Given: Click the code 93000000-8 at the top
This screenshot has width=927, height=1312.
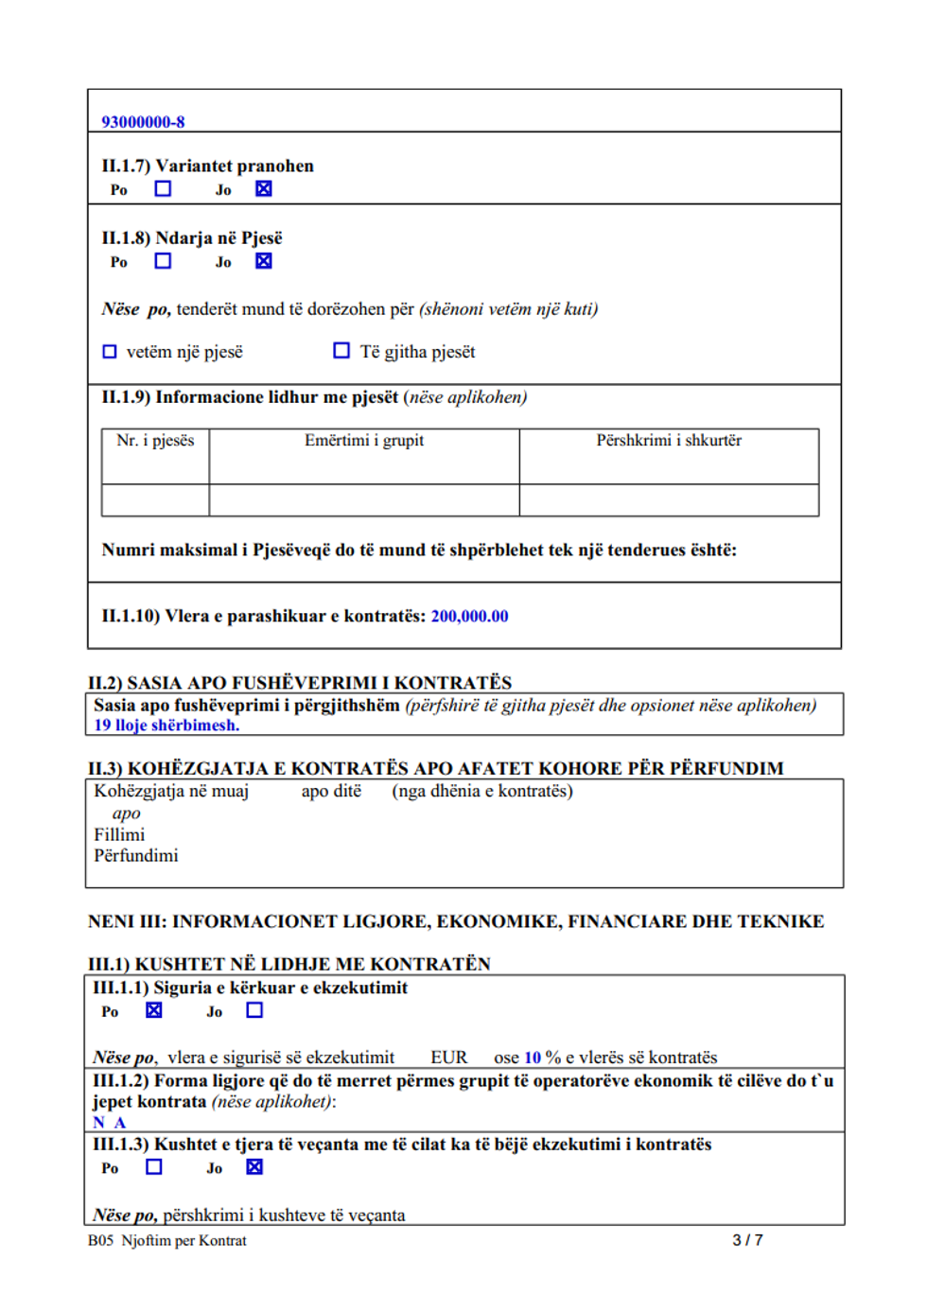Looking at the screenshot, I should [143, 122].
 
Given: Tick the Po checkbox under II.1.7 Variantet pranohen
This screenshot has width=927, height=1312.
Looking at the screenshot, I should [163, 188].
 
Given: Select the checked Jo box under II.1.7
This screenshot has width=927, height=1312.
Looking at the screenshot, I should [263, 188].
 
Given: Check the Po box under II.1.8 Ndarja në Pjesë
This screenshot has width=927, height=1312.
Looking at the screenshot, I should [163, 260].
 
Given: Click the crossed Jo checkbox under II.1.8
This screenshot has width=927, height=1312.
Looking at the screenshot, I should [263, 260].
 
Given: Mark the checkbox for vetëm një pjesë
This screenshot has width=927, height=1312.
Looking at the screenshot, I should [110, 352].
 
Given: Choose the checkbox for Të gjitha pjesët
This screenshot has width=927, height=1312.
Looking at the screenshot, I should [341, 351].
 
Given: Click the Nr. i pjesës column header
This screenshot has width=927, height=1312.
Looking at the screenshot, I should [155, 441].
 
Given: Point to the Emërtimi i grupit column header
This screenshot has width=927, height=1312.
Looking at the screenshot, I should [364, 441].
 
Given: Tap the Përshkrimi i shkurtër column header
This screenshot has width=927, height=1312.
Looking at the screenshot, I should [669, 441].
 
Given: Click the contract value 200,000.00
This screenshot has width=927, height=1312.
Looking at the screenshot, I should [469, 617].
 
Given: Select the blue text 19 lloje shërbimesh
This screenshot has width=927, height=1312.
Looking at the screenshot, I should [166, 726].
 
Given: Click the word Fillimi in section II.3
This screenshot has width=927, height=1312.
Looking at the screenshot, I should [119, 834].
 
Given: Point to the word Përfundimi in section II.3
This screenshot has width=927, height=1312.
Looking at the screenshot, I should [135, 856].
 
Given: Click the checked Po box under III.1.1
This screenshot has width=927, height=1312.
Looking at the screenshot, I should [154, 1010].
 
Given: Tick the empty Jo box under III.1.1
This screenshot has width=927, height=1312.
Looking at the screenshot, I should [254, 1010].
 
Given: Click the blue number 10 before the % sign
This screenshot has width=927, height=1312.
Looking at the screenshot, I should [533, 1058].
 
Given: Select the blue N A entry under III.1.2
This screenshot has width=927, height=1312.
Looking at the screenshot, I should [109, 1123].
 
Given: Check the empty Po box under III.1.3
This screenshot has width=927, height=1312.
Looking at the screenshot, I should [154, 1166].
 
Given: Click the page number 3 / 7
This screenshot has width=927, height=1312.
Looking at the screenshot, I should [747, 1240].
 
